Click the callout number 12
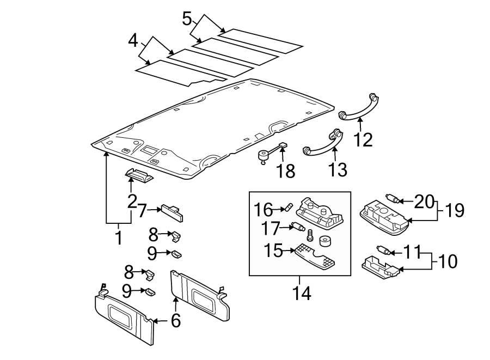[x=363, y=139]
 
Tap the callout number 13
[x=338, y=169]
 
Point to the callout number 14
[x=301, y=293]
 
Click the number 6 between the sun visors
[x=175, y=321]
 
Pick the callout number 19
[x=453, y=210]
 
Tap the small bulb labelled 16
[x=289, y=207]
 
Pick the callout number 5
[x=187, y=20]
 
